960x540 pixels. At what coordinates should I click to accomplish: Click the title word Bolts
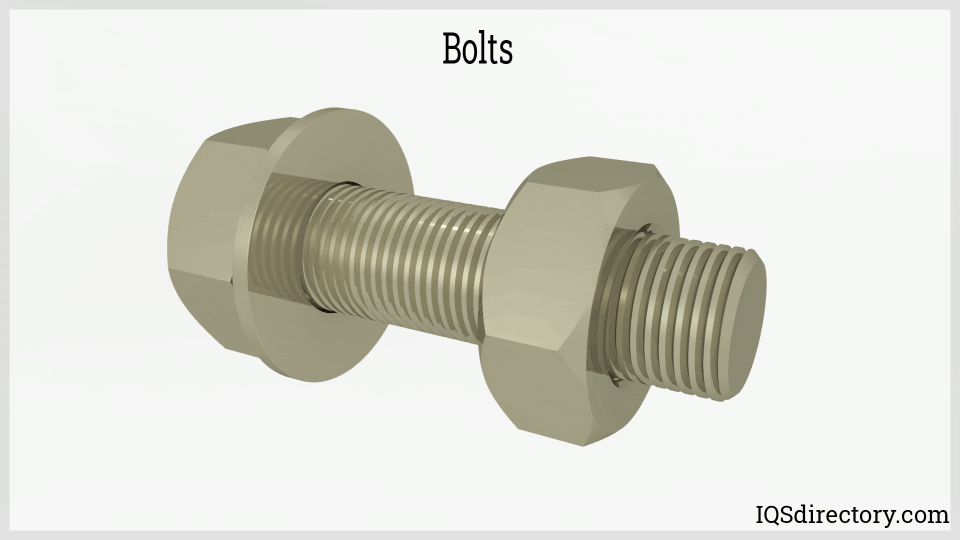(x=477, y=49)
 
